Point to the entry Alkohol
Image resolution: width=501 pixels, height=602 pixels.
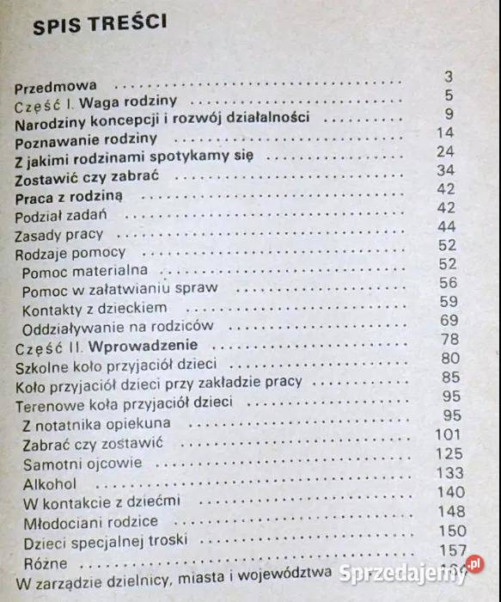(x=50, y=483)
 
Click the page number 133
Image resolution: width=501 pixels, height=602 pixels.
(x=449, y=473)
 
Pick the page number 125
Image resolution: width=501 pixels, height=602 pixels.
(x=449, y=454)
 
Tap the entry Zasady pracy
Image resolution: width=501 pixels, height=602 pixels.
(x=58, y=234)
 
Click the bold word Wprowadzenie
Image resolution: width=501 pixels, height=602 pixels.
(x=142, y=347)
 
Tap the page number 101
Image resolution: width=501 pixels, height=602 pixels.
(x=449, y=434)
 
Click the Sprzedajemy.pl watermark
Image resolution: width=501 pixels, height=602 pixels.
(x=410, y=572)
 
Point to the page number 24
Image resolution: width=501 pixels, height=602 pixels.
(x=444, y=151)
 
